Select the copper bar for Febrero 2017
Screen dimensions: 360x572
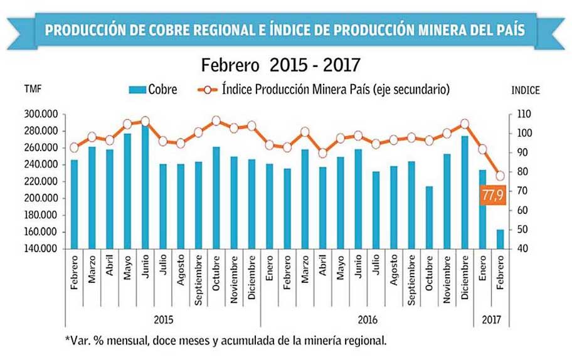coord(500,239)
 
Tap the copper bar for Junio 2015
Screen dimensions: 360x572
coord(146,187)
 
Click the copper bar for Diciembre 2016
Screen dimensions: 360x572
coord(464,192)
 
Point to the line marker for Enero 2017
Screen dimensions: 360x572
coord(482,149)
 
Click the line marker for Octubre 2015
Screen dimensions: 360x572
coord(216,120)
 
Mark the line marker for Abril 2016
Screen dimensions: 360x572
coord(322,153)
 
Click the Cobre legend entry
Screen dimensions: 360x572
coord(154,90)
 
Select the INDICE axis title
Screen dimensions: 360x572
coord(525,90)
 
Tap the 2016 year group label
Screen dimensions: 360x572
coord(367,319)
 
